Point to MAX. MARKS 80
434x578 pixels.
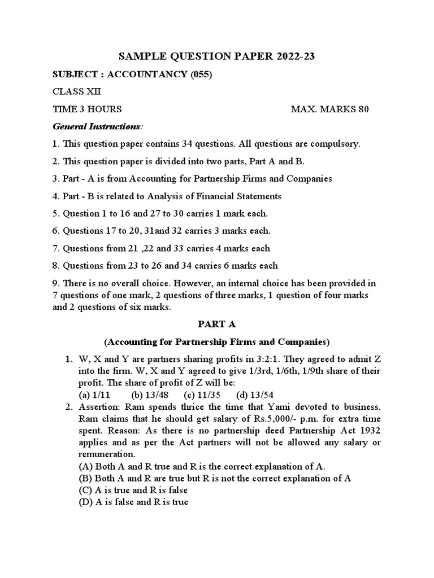pos(329,109)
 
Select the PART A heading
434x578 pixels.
pos(216,324)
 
